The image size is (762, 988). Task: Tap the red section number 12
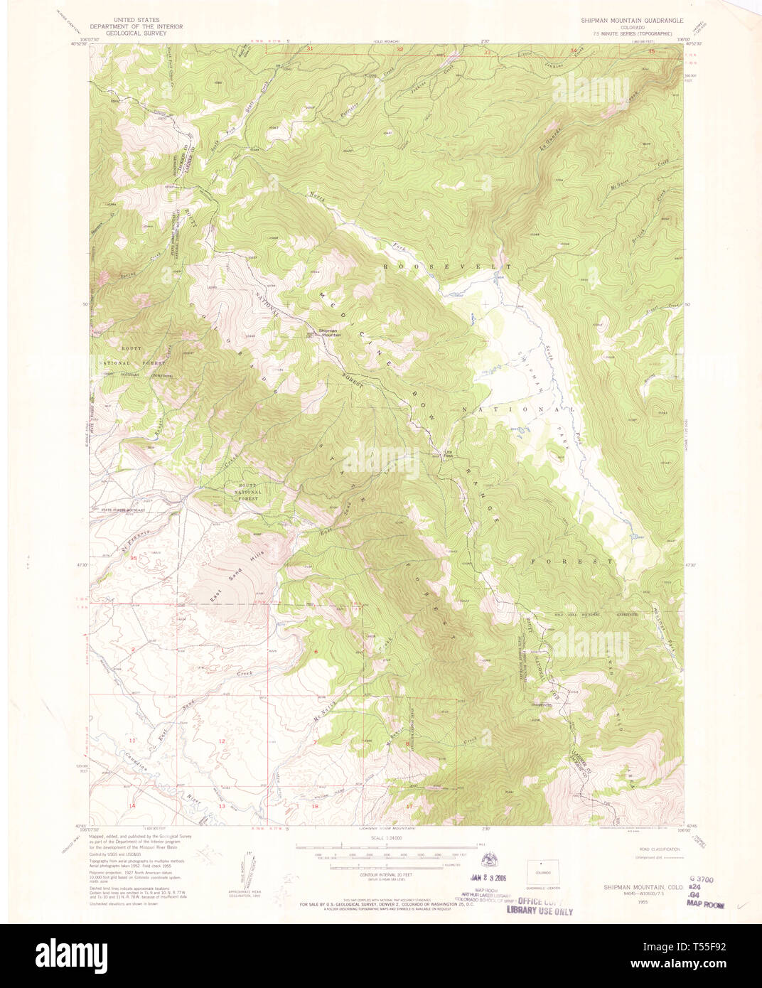click(222, 741)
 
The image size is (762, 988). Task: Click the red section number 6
click(315, 651)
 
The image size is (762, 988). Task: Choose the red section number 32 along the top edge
click(400, 49)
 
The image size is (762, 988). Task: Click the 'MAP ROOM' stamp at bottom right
click(705, 906)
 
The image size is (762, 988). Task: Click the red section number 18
click(315, 807)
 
